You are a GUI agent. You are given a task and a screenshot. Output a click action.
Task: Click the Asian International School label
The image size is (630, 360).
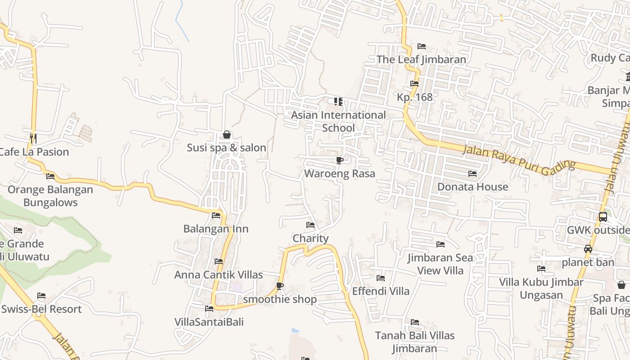coord(338,121)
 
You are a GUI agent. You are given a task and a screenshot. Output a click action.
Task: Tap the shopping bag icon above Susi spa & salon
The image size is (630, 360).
coord(227,135)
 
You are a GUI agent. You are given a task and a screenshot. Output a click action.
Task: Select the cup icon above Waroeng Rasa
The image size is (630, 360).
coord(340,160)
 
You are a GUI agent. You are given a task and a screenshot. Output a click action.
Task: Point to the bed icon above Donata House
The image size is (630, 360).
coord(472,173)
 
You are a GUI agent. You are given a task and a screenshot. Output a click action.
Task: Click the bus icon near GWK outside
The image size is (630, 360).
coord(603,216)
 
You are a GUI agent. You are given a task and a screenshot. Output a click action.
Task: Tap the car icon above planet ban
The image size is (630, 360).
coord(588,248)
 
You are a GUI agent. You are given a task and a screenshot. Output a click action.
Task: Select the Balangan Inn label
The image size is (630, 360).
coord(216,229)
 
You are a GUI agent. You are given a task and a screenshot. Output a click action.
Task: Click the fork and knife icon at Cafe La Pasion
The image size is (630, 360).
coord(32,137)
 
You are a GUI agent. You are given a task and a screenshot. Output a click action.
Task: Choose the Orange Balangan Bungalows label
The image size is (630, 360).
coord(50,196)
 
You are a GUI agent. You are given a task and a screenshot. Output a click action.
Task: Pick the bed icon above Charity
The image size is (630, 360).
coord(310,225)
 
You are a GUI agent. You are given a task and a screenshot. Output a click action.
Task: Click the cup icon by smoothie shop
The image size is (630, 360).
coord(280,286)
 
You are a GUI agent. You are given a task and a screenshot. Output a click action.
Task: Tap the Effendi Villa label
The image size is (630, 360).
coord(381,291)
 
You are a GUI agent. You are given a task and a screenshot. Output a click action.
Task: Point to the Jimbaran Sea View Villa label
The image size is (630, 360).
coord(440,264)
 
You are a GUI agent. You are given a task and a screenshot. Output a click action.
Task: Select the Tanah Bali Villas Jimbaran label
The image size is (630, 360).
coord(414,342)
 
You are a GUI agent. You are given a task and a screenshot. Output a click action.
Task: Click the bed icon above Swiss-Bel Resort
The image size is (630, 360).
coord(41,296)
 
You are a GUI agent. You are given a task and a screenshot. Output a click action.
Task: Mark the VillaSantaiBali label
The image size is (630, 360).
coord(209,322)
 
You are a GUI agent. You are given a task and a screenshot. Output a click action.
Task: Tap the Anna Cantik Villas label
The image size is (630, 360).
coord(219,274)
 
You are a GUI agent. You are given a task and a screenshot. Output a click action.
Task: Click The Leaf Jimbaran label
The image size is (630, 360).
coord(421,59)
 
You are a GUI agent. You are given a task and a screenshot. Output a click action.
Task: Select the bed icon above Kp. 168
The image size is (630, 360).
coord(414,84)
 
